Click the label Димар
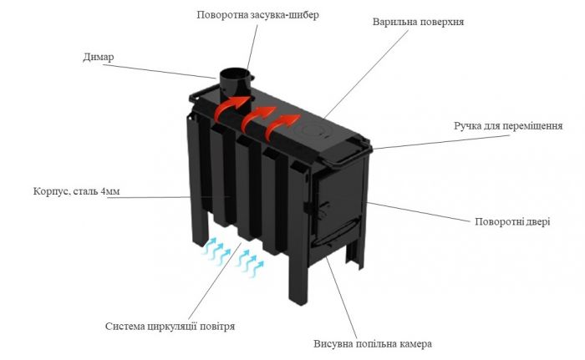99,58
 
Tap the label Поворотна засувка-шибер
257,15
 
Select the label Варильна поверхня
418,22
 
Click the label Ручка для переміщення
508,126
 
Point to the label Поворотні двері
512,221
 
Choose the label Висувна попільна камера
373,343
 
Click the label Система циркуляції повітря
170,327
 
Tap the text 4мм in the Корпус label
110,191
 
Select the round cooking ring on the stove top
312,131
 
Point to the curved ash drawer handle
336,231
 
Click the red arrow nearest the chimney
231,106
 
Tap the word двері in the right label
537,221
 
